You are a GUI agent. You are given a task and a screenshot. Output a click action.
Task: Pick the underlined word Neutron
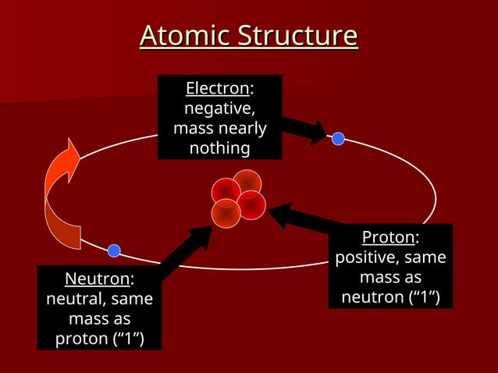point(97,279)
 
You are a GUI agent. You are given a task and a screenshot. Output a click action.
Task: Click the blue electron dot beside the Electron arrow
point(338,139)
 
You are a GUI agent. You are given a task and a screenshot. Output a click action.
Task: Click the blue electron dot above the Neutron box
point(114,250)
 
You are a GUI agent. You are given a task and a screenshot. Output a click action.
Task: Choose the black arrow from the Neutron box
point(187,251)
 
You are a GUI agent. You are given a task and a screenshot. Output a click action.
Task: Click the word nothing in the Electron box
point(219,148)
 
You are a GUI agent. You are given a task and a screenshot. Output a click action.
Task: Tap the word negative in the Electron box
point(218,108)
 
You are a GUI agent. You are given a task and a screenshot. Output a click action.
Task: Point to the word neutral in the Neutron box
point(75,299)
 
